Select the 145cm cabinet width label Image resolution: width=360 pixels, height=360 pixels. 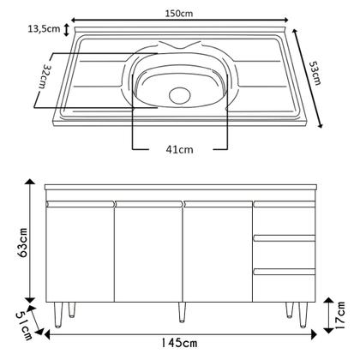(x=179, y=345)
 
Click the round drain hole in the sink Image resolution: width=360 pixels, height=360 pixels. (x=181, y=94)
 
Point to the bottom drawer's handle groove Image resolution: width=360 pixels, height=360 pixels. (x=282, y=271)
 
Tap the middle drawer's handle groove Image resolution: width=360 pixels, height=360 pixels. (x=282, y=237)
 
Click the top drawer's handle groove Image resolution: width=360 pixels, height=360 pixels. (x=282, y=204)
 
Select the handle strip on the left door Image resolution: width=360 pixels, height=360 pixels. (x=79, y=204)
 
